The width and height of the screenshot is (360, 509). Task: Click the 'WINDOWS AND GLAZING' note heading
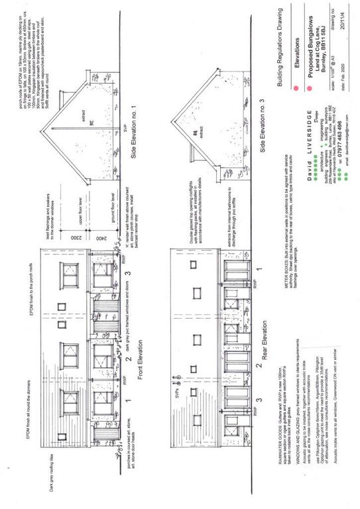tap(282, 471)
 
